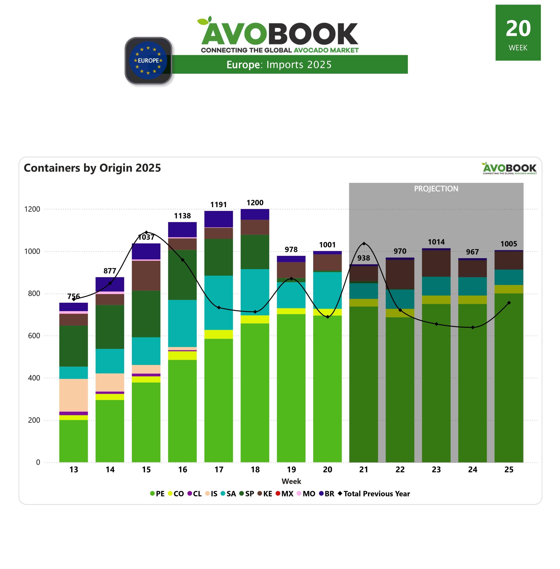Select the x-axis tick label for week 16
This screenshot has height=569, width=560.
[x=182, y=469]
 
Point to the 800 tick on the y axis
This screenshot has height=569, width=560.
[x=34, y=293]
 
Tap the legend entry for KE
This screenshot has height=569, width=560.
[x=265, y=493]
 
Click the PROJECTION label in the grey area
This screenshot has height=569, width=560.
[x=436, y=189]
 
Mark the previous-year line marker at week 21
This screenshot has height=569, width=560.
[x=364, y=244]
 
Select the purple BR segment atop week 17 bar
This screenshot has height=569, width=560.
[x=219, y=219]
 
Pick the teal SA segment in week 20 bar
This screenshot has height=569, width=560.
[x=327, y=290]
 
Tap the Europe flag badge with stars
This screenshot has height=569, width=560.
[x=148, y=60]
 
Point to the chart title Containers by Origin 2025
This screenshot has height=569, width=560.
[x=92, y=168]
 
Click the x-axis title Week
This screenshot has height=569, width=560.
[x=291, y=481]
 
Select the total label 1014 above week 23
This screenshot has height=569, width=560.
[x=436, y=242]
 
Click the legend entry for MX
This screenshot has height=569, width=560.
[x=284, y=493]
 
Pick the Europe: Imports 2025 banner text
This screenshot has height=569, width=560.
[x=279, y=65]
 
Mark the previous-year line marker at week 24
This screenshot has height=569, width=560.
[x=472, y=327]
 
